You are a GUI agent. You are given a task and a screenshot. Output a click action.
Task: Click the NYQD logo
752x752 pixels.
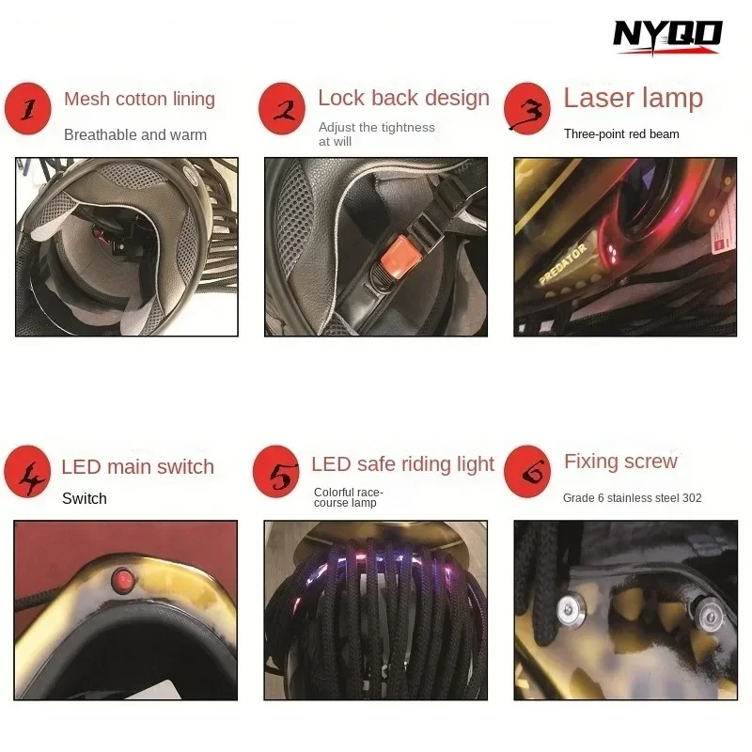click(x=667, y=37)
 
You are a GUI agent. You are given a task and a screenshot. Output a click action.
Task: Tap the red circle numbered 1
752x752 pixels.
click(x=28, y=108)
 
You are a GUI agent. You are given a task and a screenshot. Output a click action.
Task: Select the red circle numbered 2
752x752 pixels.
click(x=282, y=108)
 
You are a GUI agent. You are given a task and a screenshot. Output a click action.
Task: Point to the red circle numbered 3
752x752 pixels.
click(x=527, y=108)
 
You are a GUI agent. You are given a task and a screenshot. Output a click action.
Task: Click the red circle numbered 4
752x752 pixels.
click(x=27, y=472)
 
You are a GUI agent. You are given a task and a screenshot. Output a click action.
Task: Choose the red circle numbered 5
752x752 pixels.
click(x=276, y=472)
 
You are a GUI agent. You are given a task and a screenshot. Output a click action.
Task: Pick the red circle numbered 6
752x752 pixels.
click(x=527, y=472)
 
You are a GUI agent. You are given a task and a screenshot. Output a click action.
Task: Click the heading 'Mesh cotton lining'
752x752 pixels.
click(x=139, y=99)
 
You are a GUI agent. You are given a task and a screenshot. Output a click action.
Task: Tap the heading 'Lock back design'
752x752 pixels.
click(x=404, y=98)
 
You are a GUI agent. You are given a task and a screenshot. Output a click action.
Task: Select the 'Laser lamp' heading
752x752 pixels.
click(x=633, y=98)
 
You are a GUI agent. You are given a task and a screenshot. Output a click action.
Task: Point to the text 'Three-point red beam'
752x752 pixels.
click(x=621, y=133)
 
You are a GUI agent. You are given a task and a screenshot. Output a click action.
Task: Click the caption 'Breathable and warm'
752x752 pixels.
click(x=135, y=134)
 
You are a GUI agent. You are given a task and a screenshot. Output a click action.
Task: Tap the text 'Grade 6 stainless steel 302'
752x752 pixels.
click(x=632, y=498)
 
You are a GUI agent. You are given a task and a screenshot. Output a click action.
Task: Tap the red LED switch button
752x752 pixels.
click(x=123, y=579)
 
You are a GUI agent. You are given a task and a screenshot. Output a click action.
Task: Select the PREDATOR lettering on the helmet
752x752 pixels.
click(x=563, y=263)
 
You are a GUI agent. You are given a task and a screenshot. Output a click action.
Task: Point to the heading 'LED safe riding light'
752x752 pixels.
click(x=403, y=463)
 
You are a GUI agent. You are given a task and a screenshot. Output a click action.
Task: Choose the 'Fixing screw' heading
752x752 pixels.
click(x=620, y=462)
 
